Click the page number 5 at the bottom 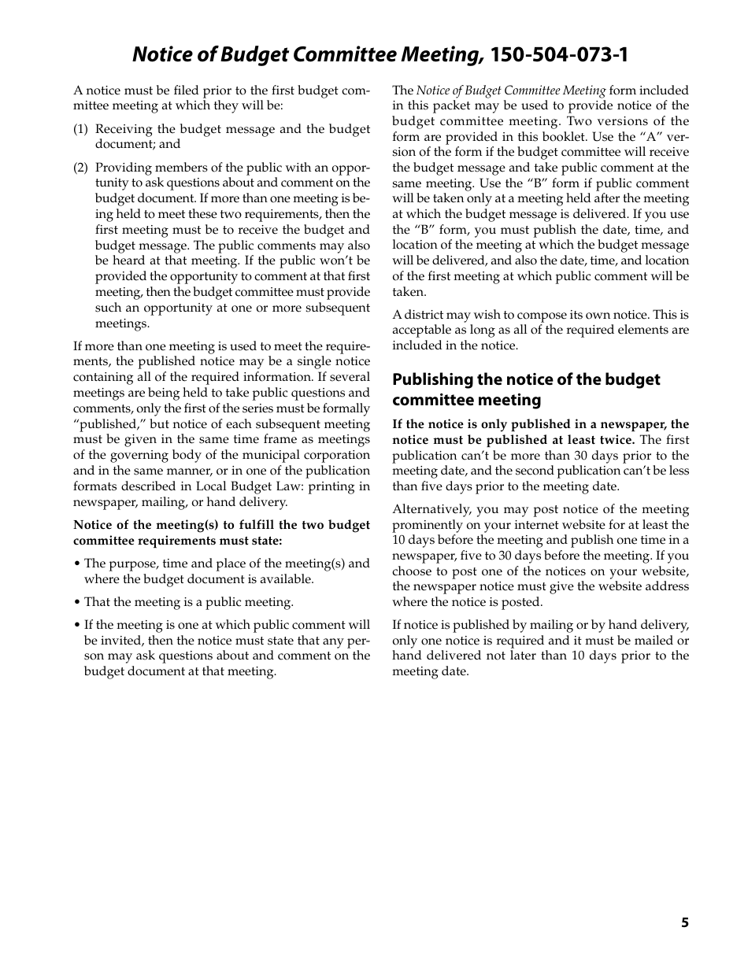pyautogui.click(x=685, y=922)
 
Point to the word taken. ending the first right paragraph pyautogui.click(x=409, y=291)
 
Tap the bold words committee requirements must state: pyautogui.click(x=177, y=541)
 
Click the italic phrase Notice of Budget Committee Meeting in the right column pyautogui.click(x=511, y=91)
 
